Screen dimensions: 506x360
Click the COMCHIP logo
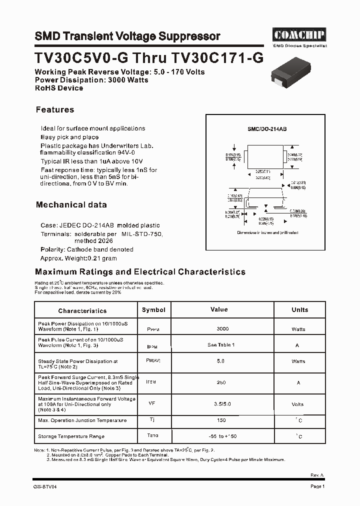299,34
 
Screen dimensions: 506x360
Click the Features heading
55,109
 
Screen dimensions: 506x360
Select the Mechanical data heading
71,204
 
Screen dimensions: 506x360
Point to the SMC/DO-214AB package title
267,129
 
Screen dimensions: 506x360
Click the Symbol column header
153,310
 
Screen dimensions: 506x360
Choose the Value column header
219,310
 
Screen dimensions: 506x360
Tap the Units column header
299,310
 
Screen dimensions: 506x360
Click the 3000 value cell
222,328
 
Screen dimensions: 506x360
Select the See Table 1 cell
221,345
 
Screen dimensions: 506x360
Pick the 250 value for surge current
221,382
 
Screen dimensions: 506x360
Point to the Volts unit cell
298,404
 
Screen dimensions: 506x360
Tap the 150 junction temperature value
221,420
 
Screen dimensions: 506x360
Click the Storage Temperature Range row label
71,436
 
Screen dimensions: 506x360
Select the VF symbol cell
152,403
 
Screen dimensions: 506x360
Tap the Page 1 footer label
317,486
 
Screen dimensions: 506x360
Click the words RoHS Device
59,88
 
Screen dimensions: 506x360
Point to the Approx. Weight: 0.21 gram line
78,258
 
